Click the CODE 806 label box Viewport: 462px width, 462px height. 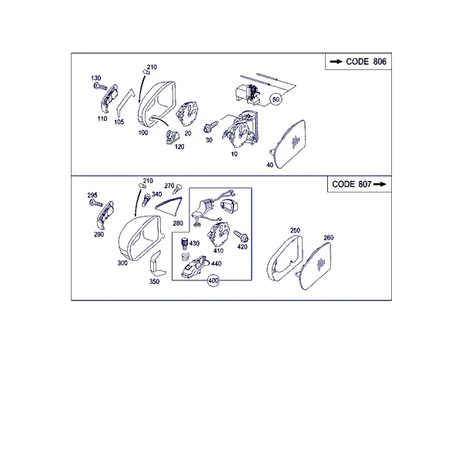[x=358, y=62]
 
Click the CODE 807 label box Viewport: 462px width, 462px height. [x=360, y=185]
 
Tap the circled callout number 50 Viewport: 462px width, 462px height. [x=276, y=99]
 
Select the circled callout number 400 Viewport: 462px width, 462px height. [x=213, y=281]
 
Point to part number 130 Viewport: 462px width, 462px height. [x=96, y=78]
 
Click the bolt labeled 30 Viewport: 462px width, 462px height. [x=211, y=126]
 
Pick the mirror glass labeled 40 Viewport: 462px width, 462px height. [x=289, y=144]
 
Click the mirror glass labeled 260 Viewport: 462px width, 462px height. [x=314, y=266]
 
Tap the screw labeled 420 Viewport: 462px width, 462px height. [x=241, y=236]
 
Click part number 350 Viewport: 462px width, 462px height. [x=155, y=282]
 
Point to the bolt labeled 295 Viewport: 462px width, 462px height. [x=96, y=203]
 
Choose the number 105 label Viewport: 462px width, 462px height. [x=119, y=122]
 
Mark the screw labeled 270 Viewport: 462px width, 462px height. [x=177, y=189]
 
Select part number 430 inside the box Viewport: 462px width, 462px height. [x=195, y=243]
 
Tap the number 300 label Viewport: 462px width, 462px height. [x=122, y=263]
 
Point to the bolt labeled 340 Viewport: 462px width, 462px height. [x=146, y=200]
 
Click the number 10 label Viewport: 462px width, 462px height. [x=234, y=154]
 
